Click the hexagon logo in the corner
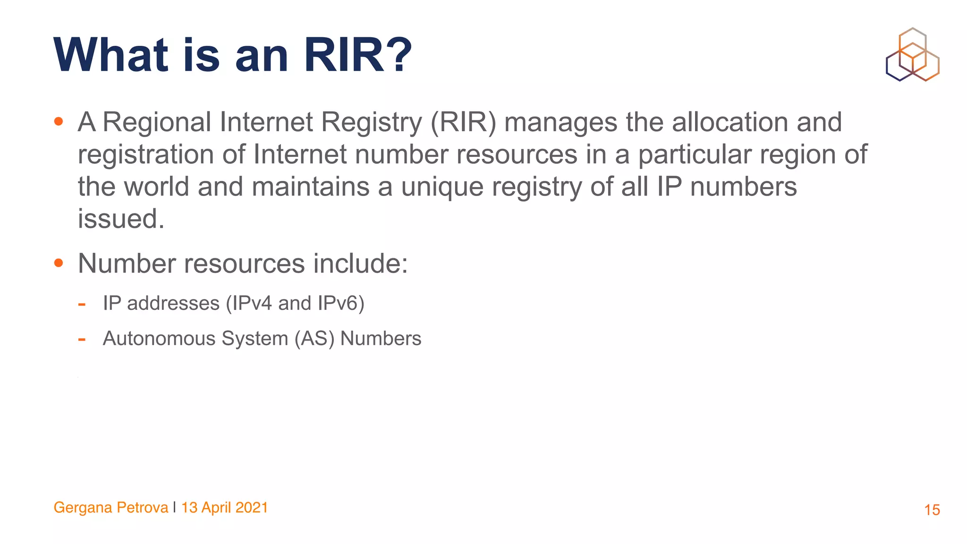[x=912, y=55]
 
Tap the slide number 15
[x=932, y=510]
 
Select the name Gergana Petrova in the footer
[x=111, y=508]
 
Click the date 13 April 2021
[x=225, y=508]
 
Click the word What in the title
[x=111, y=56]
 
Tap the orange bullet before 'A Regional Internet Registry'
[x=59, y=122]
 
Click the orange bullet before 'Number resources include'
[x=59, y=263]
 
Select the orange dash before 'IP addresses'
[x=82, y=304]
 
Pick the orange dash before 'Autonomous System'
[x=82, y=339]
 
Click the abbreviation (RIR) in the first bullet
[x=463, y=122]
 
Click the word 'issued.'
[x=121, y=219]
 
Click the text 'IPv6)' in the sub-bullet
[x=341, y=303]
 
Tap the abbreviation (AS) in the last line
[x=314, y=339]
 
